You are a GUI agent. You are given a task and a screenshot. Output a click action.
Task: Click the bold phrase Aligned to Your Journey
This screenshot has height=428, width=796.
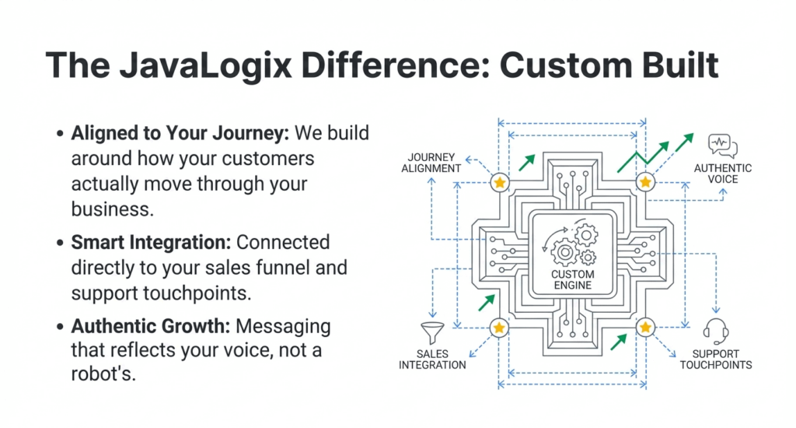tap(180, 133)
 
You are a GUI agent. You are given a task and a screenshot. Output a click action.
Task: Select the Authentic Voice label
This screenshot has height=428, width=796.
tap(722, 173)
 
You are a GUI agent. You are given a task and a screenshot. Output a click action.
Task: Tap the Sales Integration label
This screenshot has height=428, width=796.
tap(432, 360)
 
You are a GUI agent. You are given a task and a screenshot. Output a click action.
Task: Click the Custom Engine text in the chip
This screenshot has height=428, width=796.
tap(572, 279)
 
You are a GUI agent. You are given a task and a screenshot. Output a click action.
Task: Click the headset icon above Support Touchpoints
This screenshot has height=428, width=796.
tap(715, 331)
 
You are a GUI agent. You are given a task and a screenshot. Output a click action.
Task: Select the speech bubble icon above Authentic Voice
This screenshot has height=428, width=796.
tap(723, 146)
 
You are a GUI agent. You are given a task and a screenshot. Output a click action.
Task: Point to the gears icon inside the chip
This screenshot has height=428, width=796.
tap(574, 244)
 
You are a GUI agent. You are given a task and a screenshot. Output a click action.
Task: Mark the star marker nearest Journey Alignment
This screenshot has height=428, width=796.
tap(499, 183)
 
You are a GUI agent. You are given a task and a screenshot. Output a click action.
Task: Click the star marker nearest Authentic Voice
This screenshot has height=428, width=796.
tap(644, 183)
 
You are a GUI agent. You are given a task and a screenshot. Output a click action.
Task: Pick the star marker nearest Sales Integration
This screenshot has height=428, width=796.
tap(499, 328)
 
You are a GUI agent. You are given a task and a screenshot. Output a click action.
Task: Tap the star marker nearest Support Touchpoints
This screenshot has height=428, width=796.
tap(644, 328)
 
